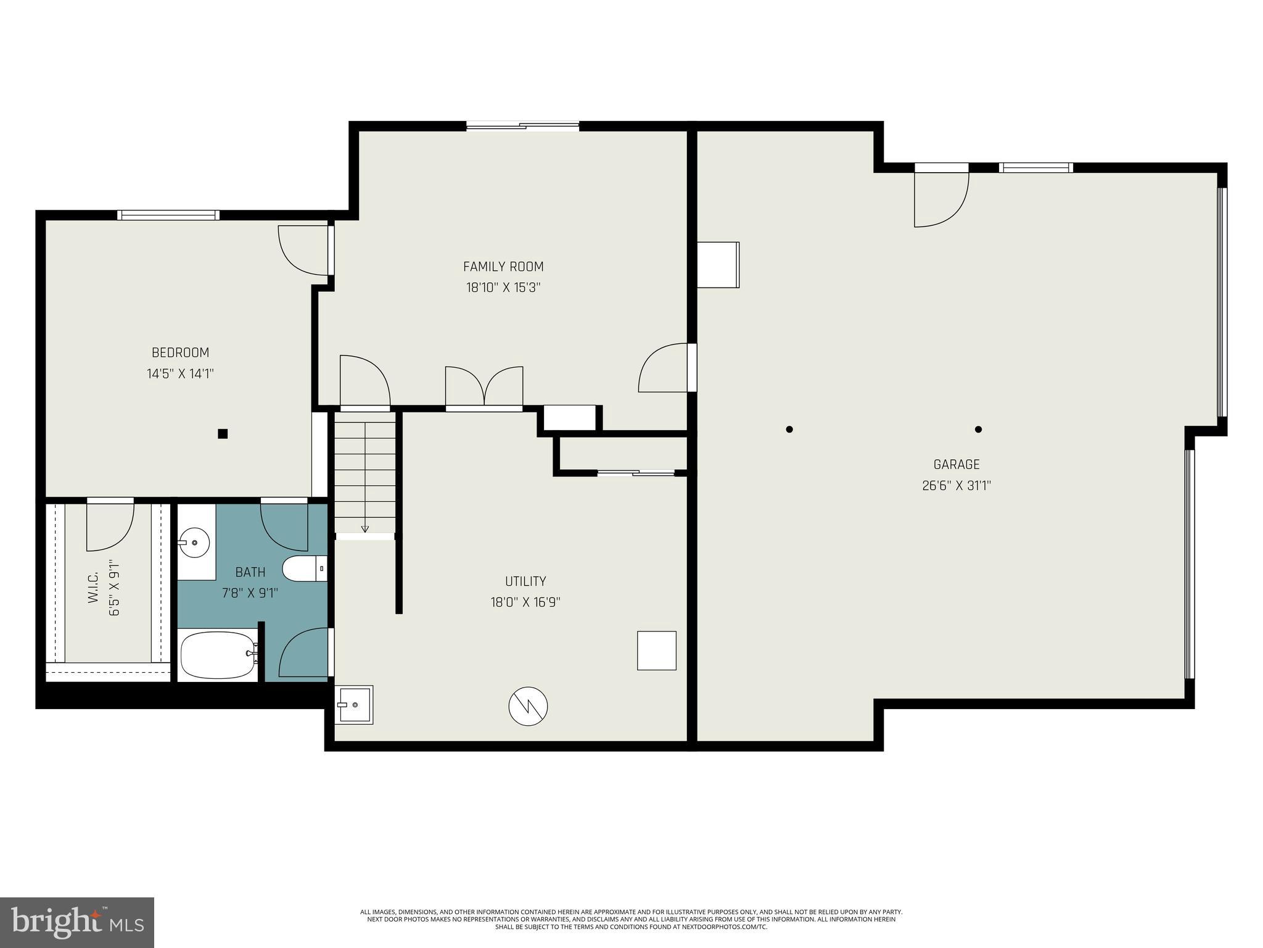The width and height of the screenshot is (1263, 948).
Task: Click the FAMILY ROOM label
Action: click(503, 267)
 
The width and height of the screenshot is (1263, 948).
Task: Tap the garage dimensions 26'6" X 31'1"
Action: click(956, 486)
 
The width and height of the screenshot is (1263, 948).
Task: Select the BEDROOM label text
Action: click(180, 352)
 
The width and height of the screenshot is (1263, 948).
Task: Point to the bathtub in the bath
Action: click(217, 654)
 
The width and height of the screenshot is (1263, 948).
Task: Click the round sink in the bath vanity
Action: click(195, 543)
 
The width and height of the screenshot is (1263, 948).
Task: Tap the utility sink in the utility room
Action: click(354, 705)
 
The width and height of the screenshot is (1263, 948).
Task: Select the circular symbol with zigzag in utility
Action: click(528, 706)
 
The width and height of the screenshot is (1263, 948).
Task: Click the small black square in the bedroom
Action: click(223, 434)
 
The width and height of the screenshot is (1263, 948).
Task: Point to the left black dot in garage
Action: click(789, 430)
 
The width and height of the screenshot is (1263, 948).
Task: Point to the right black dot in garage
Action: click(978, 430)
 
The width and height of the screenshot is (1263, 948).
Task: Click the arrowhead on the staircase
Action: click(364, 528)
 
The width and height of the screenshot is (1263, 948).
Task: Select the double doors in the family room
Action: click(484, 388)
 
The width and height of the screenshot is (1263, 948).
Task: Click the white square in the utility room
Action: click(656, 651)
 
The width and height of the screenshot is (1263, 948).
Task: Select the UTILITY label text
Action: click(525, 581)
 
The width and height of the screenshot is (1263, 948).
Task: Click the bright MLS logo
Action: click(77, 922)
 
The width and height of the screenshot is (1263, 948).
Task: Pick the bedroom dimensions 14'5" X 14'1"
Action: click(180, 374)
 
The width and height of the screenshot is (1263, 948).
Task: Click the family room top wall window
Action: click(522, 126)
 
